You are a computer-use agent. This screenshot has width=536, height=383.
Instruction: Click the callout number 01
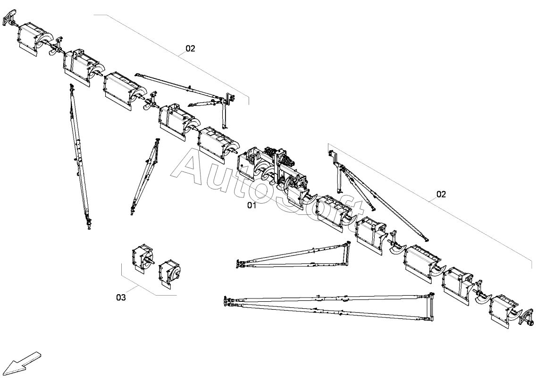tap(251, 205)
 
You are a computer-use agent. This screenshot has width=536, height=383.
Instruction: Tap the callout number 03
tap(121, 298)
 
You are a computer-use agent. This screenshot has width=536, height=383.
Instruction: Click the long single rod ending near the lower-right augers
tap(387, 205)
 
